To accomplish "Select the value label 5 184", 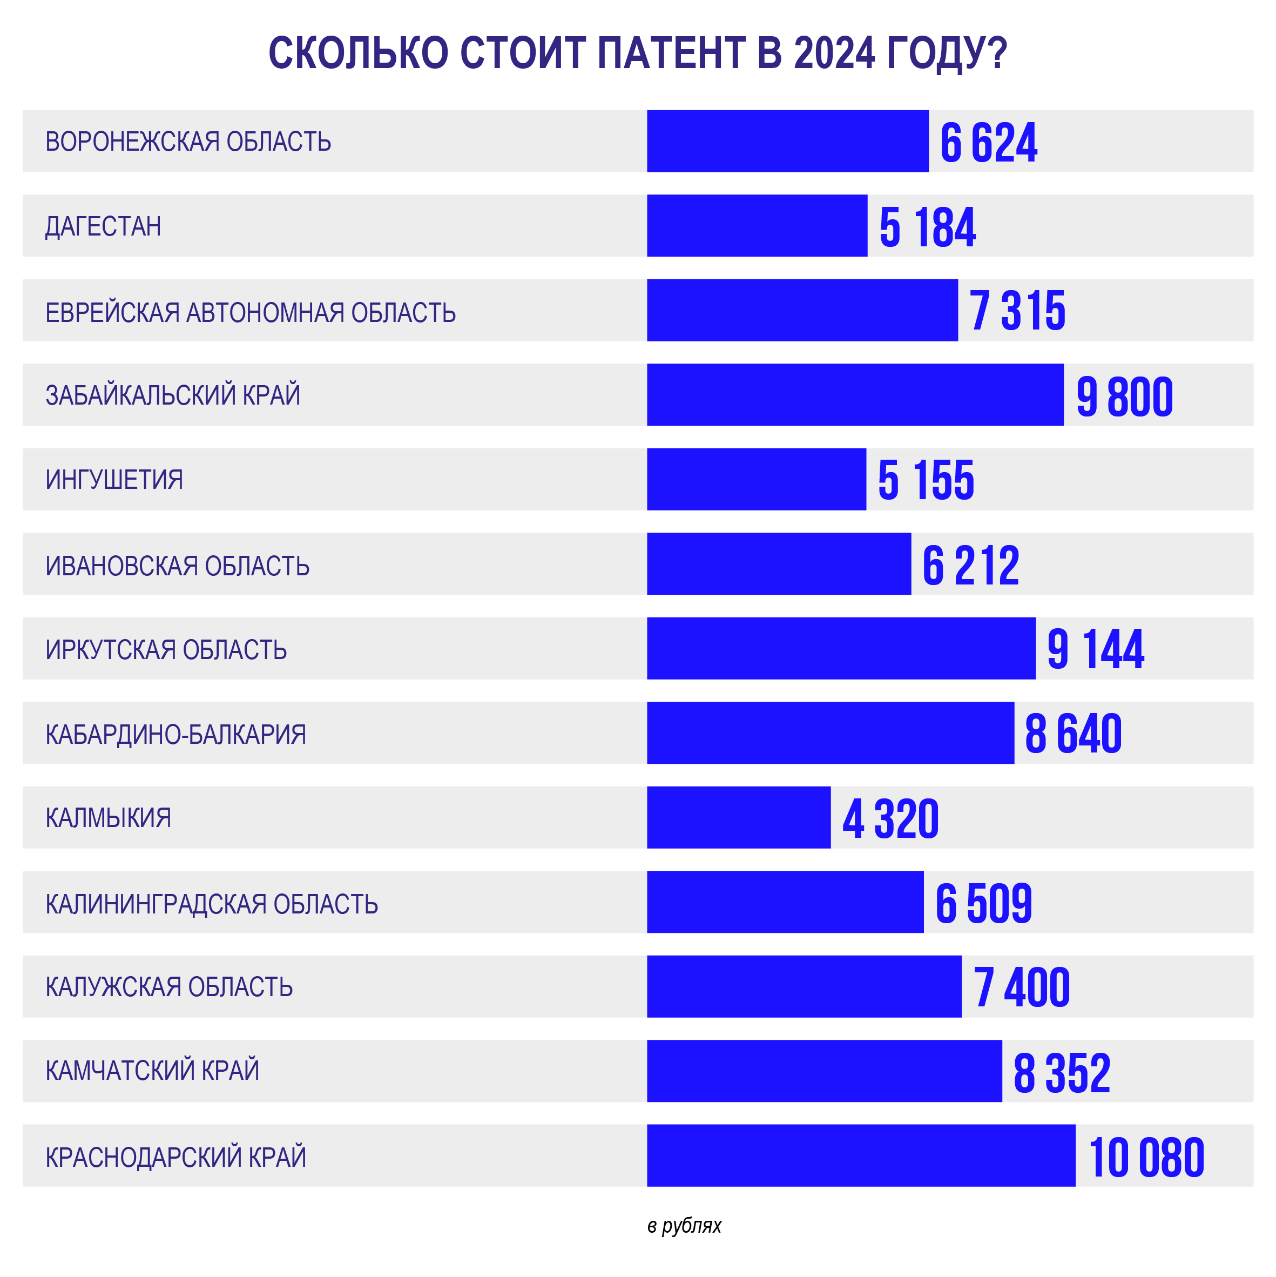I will [927, 227].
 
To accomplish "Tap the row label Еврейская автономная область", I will [251, 312].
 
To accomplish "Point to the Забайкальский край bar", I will [855, 394].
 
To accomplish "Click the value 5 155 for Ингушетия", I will [925, 480].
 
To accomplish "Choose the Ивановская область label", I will [177, 566].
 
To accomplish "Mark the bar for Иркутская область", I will [841, 648].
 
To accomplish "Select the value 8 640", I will [1072, 733].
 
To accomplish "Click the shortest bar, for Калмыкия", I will [738, 818].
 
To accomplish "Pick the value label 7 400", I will [1021, 987].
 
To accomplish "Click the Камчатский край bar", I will [824, 1071].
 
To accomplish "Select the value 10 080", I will [1146, 1158].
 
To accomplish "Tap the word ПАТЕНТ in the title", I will [671, 53].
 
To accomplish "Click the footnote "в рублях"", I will [684, 1226].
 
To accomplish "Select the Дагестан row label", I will [103, 226].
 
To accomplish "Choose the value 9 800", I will [1124, 396].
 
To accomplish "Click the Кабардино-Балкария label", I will [176, 734].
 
